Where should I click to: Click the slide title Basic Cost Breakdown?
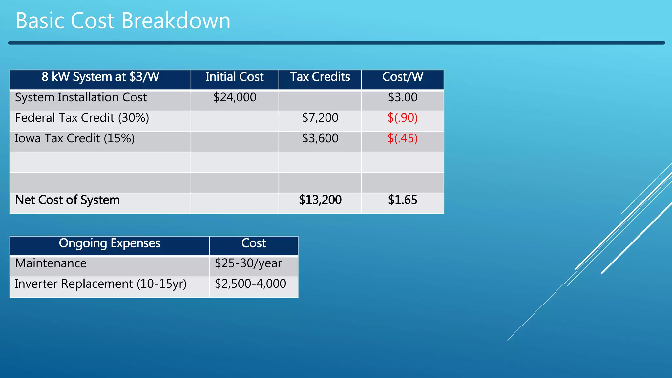click(x=123, y=21)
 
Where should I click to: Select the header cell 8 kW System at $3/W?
click(x=100, y=77)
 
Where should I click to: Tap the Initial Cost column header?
click(x=234, y=77)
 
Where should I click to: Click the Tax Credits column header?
click(x=320, y=77)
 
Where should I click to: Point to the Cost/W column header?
click(x=403, y=77)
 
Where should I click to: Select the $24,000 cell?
click(x=235, y=97)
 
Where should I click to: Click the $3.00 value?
click(x=403, y=97)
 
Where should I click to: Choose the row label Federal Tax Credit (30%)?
click(x=82, y=118)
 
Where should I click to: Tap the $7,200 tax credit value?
click(x=320, y=118)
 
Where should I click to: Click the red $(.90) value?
click(x=403, y=118)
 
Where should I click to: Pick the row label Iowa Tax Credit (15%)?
click(x=75, y=138)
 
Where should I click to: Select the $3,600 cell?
click(x=320, y=138)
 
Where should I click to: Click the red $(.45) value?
click(x=403, y=138)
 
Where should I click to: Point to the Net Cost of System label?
click(x=67, y=200)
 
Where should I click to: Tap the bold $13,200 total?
click(x=320, y=200)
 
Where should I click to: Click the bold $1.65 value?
click(x=403, y=200)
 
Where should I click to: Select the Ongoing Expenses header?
click(x=109, y=243)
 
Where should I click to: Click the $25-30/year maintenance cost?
click(x=248, y=263)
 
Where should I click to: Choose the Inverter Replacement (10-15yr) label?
click(x=100, y=284)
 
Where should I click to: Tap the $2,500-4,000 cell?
click(x=250, y=284)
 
